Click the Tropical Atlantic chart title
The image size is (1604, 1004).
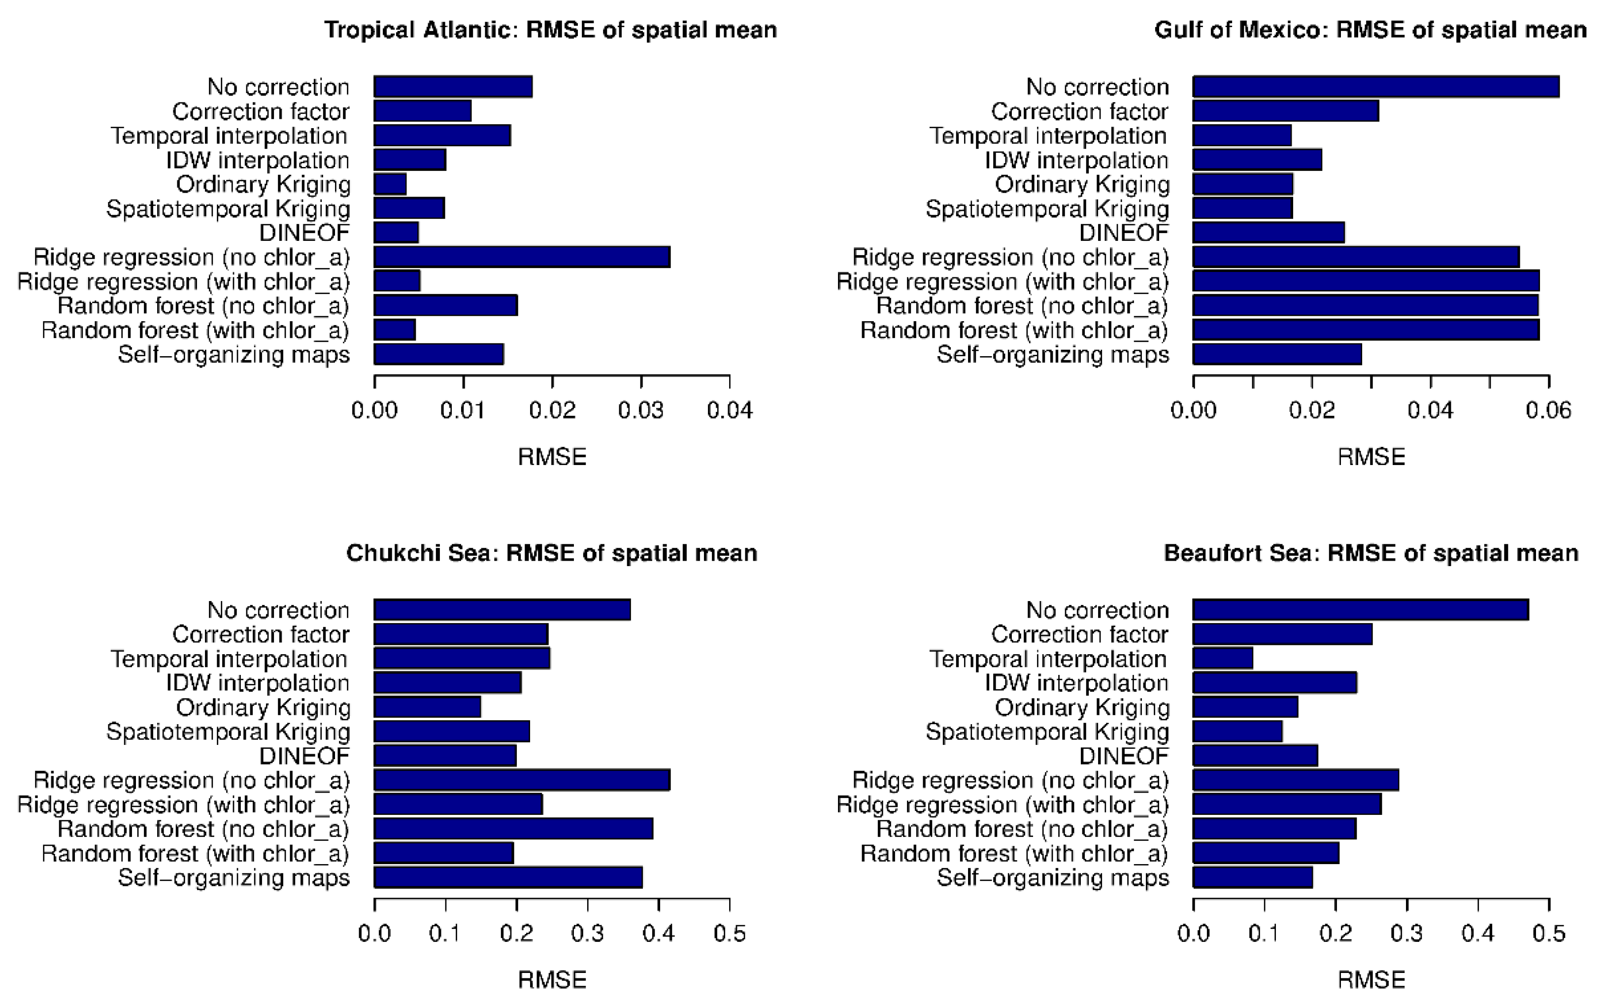550,31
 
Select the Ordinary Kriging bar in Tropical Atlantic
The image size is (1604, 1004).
390,184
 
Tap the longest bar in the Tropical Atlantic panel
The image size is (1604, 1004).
522,257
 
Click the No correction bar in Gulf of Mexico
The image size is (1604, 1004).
1375,87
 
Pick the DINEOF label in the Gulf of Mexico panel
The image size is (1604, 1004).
1123,233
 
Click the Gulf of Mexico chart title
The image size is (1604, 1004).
1370,31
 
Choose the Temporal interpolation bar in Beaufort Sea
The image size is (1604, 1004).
1223,659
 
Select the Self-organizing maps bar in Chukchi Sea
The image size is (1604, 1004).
508,877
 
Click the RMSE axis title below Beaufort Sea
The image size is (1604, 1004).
1371,980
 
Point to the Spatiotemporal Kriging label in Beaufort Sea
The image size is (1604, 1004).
1047,732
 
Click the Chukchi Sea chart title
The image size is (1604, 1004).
552,553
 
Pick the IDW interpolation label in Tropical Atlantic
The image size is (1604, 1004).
258,160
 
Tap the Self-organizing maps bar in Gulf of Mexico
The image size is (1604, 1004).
1277,354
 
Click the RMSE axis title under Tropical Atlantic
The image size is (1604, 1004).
552,457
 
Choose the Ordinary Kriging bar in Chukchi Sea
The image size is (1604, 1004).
428,707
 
